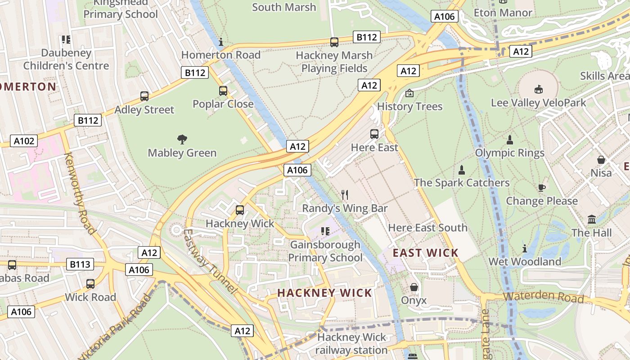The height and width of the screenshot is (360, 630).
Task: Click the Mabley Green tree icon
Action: (x=182, y=139)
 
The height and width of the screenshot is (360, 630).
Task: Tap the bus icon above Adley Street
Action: (x=144, y=96)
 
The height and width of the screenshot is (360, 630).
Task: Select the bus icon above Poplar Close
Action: (x=223, y=91)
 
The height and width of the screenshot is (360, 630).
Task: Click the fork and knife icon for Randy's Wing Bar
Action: (x=345, y=194)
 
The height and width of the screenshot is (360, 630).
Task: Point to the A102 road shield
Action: (x=24, y=141)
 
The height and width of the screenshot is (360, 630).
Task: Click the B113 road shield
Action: (x=80, y=264)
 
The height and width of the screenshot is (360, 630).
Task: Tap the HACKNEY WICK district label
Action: (x=324, y=293)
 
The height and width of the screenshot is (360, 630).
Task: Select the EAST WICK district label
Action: (x=425, y=253)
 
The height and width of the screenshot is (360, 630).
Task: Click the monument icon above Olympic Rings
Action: (x=510, y=139)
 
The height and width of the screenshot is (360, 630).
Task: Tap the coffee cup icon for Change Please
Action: (x=541, y=188)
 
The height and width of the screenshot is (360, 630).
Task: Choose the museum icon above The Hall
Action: (x=592, y=220)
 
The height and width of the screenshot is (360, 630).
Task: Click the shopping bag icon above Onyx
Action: (x=414, y=287)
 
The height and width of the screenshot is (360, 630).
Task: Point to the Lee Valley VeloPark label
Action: (x=538, y=103)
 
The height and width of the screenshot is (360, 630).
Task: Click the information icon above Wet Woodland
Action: (x=525, y=248)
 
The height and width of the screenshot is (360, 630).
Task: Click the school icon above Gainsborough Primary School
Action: (x=325, y=231)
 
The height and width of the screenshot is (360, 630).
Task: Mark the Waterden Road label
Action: (x=543, y=297)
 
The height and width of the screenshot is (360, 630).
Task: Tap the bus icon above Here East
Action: (x=374, y=134)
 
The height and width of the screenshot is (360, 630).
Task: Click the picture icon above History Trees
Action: (x=409, y=93)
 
